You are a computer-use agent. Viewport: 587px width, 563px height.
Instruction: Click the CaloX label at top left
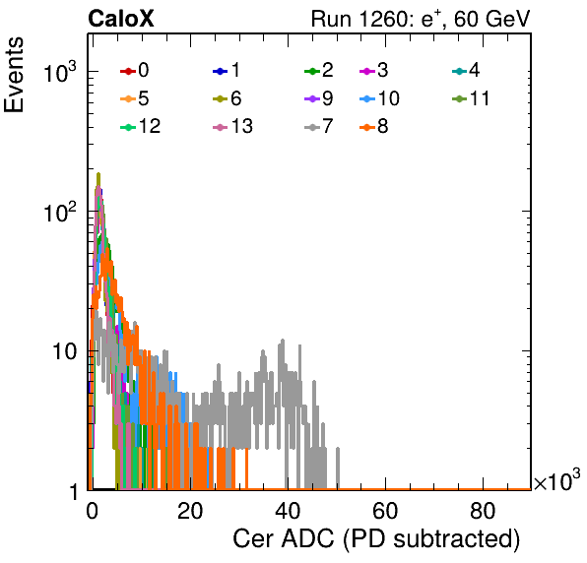121,19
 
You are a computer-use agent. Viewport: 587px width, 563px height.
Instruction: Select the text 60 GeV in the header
491,19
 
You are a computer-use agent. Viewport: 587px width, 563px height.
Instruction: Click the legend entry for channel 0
135,70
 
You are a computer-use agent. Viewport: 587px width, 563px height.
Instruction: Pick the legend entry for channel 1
227,70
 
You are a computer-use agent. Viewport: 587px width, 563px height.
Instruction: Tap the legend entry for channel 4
466,70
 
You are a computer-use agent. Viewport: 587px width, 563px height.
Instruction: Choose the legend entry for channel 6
227,98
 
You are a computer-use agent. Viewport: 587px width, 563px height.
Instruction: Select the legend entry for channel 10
379,98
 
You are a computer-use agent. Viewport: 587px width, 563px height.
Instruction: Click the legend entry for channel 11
471,98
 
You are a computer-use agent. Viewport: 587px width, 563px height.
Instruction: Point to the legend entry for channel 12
141,126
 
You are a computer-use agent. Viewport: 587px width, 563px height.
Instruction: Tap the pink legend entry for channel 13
232,126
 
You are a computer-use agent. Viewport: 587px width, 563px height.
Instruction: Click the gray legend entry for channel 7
319,126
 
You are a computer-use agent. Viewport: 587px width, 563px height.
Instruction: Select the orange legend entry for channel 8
373,126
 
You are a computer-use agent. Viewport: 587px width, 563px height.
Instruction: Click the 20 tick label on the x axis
190,511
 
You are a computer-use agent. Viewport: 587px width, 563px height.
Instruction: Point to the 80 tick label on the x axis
483,511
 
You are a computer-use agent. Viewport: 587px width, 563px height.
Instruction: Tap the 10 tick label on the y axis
64,351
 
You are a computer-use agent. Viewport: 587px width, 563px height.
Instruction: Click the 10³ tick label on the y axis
60,71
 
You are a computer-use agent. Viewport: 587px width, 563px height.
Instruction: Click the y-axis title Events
14,75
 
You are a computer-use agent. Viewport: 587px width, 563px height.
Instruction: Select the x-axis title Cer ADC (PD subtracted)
376,539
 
